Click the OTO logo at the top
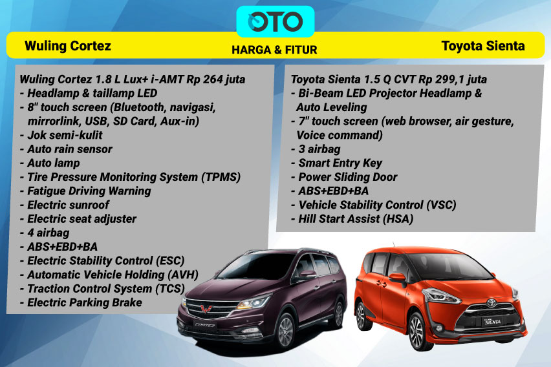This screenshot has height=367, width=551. point(275,21)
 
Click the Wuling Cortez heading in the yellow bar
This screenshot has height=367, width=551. point(68,46)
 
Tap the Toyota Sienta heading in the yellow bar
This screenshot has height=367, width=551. point(482,46)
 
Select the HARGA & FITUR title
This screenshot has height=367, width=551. point(275,50)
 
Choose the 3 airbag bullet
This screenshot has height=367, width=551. point(315,149)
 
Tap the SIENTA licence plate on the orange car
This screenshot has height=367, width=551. point(494,328)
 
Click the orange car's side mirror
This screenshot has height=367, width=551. point(396,278)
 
